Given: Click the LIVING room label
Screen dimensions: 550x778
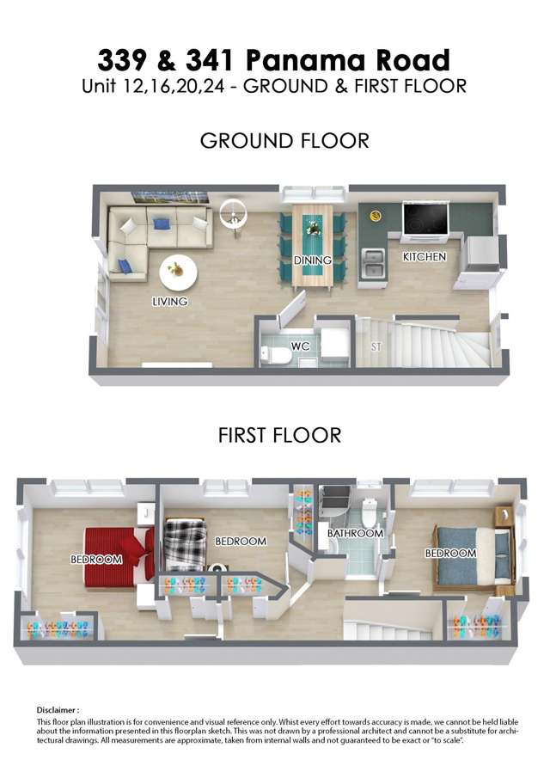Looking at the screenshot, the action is pyautogui.click(x=170, y=301).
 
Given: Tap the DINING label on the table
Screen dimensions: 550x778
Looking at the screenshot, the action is pyautogui.click(x=313, y=260).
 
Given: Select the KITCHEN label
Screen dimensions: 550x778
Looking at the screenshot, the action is pyautogui.click(x=424, y=256).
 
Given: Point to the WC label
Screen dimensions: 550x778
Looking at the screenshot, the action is pyautogui.click(x=300, y=346).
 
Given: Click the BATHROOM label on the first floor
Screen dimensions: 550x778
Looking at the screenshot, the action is pyautogui.click(x=355, y=533).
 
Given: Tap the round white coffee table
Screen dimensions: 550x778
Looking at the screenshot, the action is pyautogui.click(x=179, y=273).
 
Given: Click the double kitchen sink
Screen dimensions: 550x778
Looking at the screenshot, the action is pyautogui.click(x=372, y=263).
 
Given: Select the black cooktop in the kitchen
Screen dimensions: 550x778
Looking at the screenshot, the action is pyautogui.click(x=426, y=219).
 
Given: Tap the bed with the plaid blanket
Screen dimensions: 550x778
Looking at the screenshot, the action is pyautogui.click(x=185, y=544).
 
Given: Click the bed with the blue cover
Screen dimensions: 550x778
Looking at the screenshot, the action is pyautogui.click(x=474, y=555).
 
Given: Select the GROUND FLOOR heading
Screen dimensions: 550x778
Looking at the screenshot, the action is pyautogui.click(x=284, y=141).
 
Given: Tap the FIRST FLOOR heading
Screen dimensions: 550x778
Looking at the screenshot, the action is pyautogui.click(x=279, y=435).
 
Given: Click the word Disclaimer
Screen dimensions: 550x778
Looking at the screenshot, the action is pyautogui.click(x=56, y=710).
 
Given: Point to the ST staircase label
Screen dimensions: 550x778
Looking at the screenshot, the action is pyautogui.click(x=376, y=346).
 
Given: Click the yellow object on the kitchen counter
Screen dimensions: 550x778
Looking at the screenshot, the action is pyautogui.click(x=376, y=215).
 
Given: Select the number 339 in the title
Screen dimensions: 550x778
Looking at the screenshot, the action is pyautogui.click(x=123, y=60).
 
